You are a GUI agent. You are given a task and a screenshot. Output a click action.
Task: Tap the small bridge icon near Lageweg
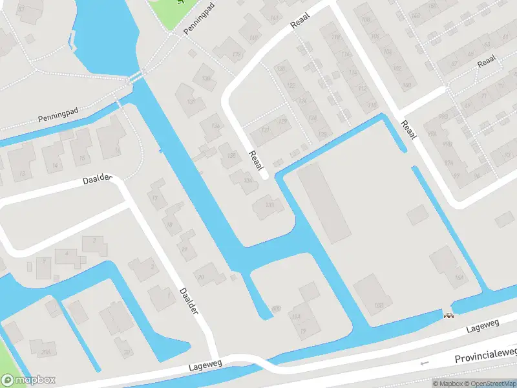(447, 315)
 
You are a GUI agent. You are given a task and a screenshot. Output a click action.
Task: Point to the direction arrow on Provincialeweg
(424, 363)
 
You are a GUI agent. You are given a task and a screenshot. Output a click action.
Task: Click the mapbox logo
(28, 380)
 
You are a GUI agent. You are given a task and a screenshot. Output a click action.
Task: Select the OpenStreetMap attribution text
(490, 383)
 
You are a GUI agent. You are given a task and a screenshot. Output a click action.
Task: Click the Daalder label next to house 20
(188, 301)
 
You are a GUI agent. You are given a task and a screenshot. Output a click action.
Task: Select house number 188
(379, 305)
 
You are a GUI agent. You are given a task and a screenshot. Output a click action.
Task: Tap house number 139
(237, 54)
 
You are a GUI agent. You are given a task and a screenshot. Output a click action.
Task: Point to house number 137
(191, 102)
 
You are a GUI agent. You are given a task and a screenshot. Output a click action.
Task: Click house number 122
(291, 85)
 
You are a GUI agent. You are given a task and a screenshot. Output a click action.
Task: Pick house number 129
(282, 121)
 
